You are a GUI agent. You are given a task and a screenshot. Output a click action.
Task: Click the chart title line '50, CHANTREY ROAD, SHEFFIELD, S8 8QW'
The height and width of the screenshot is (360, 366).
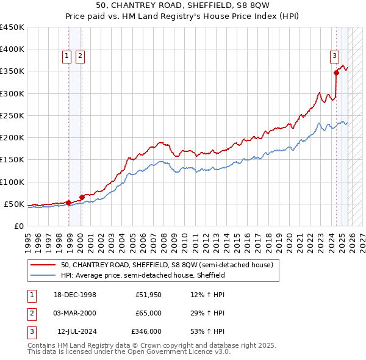(183, 5)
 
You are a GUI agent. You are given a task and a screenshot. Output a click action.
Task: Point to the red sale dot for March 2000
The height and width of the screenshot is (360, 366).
(82, 197)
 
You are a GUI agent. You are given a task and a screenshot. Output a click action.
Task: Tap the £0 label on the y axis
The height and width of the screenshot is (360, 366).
(19, 226)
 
